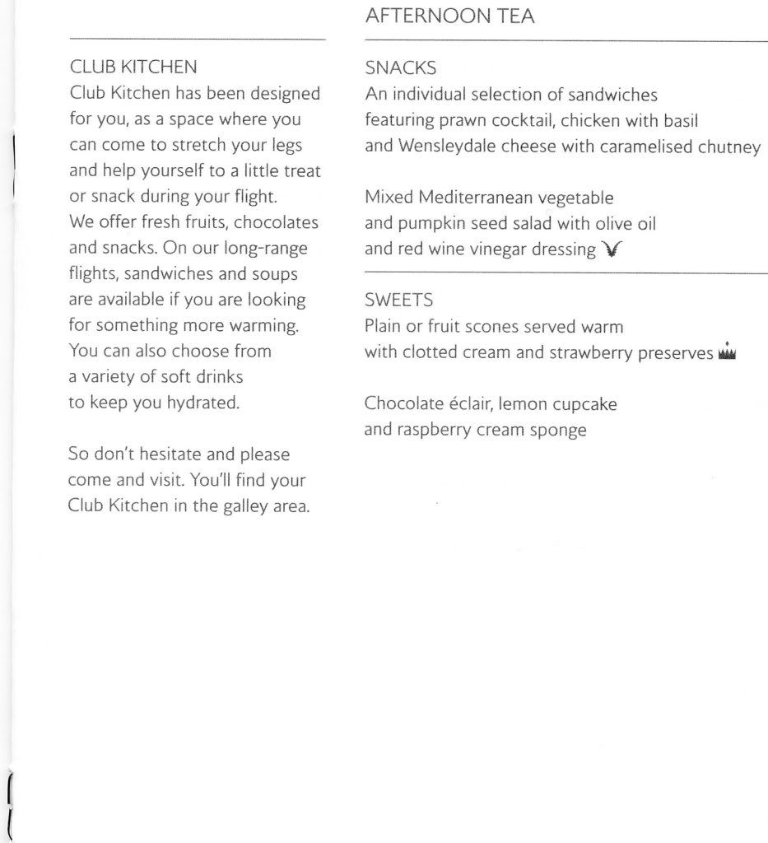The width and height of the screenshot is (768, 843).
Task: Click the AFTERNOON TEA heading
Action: coord(449,16)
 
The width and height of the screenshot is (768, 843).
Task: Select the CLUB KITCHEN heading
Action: coord(133,66)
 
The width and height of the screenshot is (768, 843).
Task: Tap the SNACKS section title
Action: coord(400,68)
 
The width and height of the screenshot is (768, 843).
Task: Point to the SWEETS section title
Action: coord(398,300)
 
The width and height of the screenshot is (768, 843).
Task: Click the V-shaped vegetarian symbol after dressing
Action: coord(610,249)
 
